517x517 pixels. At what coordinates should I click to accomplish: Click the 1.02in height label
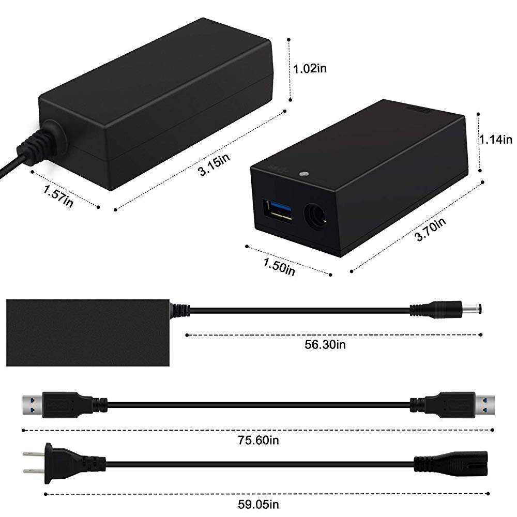tap(310, 69)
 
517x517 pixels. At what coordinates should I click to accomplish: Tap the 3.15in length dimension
tap(214, 164)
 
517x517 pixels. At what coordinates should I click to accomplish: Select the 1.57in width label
tap(58, 196)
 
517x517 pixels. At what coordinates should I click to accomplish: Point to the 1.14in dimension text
tap(496, 140)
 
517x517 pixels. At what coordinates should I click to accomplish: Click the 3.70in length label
tap(430, 230)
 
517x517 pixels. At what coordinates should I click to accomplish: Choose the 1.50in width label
tap(279, 267)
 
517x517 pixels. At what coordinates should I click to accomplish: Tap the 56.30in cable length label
tap(325, 344)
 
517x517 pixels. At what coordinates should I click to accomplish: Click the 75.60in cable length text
tap(258, 440)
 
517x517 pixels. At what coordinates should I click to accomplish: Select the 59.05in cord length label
tap(258, 504)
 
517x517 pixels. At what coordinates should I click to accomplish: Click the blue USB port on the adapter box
tap(277, 211)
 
